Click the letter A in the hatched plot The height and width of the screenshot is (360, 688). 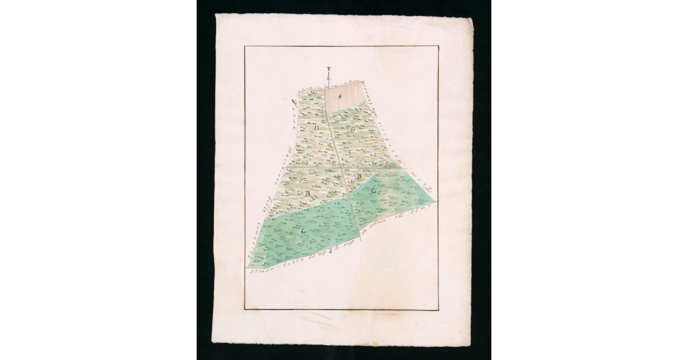(340, 96)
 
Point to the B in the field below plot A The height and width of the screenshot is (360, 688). (353, 127)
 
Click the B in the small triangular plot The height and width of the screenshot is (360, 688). (359, 177)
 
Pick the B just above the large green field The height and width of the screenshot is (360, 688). (308, 194)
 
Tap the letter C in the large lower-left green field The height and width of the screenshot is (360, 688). (303, 230)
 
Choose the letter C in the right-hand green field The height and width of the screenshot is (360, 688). (373, 190)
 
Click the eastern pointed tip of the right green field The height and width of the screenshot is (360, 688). (435, 202)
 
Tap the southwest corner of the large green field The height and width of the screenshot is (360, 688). (248, 267)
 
